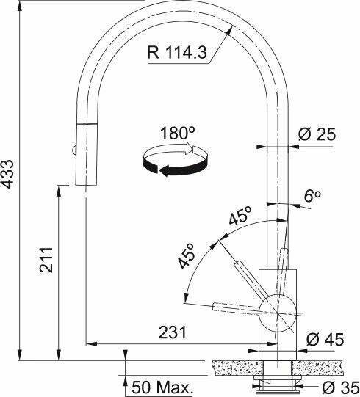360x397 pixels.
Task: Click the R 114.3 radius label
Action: coord(177,52)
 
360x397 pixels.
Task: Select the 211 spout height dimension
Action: coord(46,260)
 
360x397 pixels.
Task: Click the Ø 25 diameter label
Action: coord(317,134)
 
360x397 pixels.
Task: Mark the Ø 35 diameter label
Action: coord(340,387)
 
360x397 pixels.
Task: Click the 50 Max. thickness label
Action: coord(161,387)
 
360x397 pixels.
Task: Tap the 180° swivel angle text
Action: coord(178,133)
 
